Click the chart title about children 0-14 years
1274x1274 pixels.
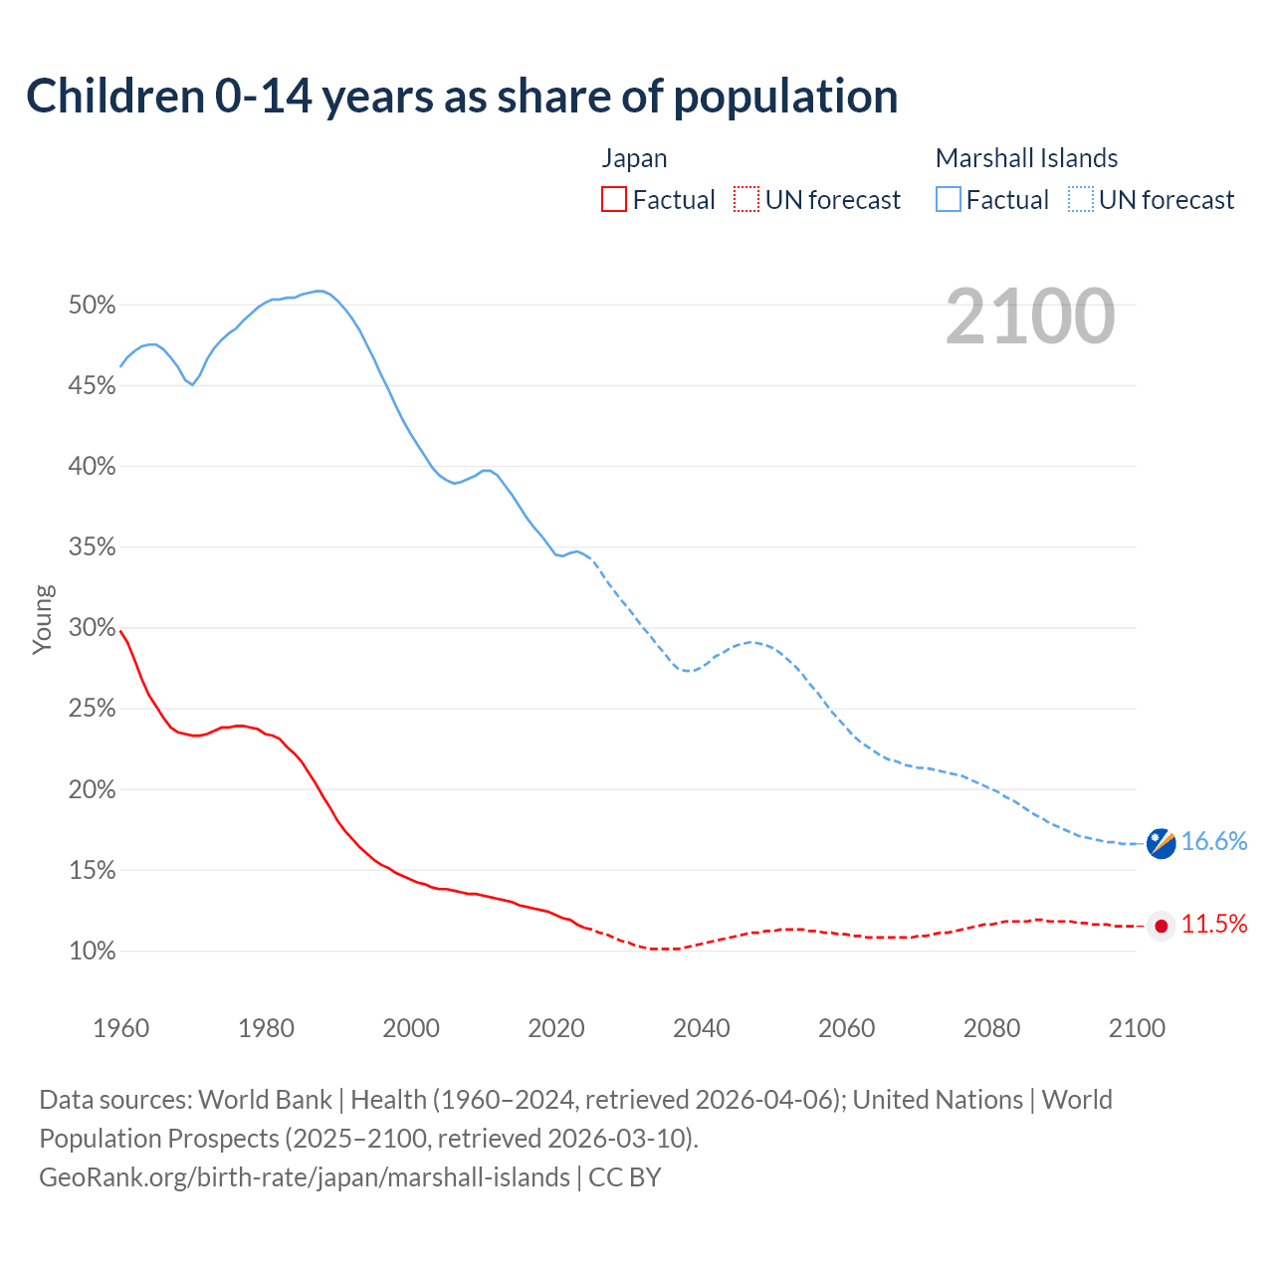(462, 96)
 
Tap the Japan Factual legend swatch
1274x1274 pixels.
(614, 200)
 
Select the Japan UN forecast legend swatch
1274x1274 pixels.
(746, 200)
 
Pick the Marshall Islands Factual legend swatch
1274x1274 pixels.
(949, 200)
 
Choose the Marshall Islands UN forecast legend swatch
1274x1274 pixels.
(1081, 200)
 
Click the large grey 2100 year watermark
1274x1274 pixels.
(1030, 317)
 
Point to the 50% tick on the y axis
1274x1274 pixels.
(93, 306)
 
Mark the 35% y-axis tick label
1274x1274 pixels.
(93, 547)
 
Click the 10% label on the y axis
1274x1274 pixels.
(93, 952)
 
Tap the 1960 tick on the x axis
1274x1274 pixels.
(121, 1028)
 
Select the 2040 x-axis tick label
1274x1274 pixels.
(702, 1028)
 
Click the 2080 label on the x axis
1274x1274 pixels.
(991, 1028)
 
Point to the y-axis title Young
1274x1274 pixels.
(43, 619)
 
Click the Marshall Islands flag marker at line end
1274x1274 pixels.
(1161, 843)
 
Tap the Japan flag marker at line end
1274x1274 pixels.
(1161, 926)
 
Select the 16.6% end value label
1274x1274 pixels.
(1214, 842)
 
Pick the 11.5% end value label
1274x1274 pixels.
(1214, 925)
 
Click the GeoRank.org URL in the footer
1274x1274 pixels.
(305, 1177)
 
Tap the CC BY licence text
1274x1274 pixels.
(625, 1177)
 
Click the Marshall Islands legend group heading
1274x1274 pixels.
(1026, 158)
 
